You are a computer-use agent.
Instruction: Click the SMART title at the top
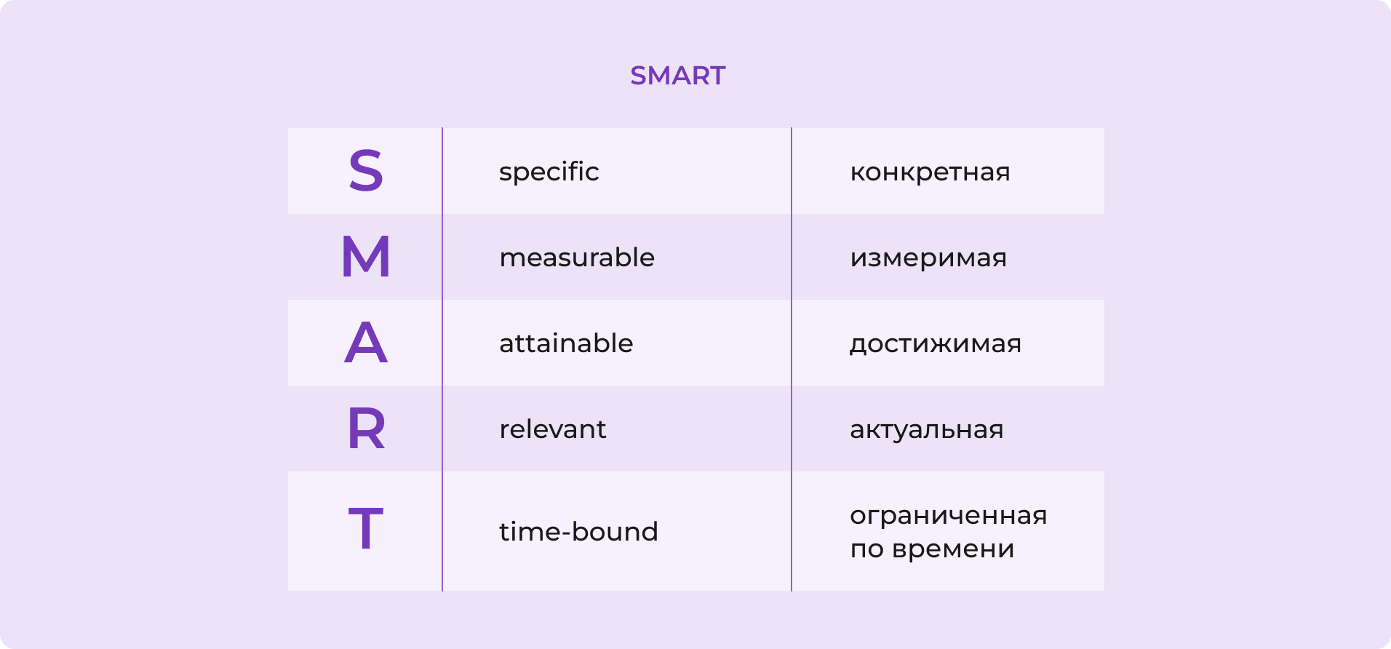[x=677, y=76]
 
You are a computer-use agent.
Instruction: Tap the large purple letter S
[x=366, y=172]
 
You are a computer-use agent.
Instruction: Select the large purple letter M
[x=366, y=257]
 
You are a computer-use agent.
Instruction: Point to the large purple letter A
[x=366, y=343]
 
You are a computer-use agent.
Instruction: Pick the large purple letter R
[x=366, y=429]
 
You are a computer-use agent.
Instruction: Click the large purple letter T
[x=366, y=529]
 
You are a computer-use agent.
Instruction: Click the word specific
[x=549, y=172]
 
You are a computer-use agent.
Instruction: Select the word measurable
[x=577, y=258]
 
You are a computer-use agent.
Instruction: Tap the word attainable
[x=566, y=343]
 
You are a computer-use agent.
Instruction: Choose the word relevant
[x=552, y=429]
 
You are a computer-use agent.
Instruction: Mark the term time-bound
[x=578, y=532]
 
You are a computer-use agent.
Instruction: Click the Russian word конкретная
[x=930, y=173]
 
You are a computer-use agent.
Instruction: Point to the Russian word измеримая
[x=928, y=259]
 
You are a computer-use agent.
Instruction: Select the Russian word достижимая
[x=936, y=344]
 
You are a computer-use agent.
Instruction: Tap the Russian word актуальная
[x=926, y=430]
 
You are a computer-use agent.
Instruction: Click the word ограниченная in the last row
[x=948, y=517]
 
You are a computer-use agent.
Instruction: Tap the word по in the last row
[x=866, y=550]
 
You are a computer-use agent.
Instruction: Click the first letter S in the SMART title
[x=638, y=76]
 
